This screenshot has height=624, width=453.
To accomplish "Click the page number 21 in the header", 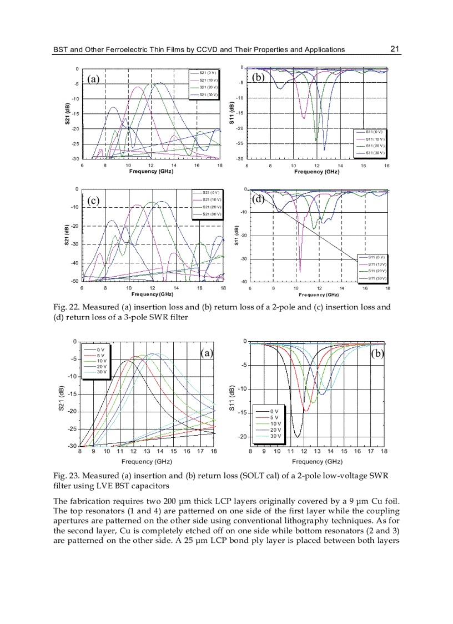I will [x=395, y=49].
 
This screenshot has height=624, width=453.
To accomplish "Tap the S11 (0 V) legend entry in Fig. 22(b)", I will [x=375, y=132].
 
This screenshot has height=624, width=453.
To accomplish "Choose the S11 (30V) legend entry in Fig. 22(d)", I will [x=377, y=278].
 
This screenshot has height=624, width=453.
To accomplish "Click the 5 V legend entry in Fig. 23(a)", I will [x=100, y=355].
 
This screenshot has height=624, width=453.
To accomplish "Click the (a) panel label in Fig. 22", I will [x=93, y=79].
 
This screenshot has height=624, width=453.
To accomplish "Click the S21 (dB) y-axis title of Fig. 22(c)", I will [x=67, y=235].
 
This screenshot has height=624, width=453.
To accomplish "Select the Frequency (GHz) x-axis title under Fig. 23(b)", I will [x=317, y=462].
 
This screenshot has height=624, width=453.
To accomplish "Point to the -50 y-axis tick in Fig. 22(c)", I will [x=74, y=281].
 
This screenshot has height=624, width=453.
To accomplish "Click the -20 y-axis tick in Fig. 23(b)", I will [x=240, y=437].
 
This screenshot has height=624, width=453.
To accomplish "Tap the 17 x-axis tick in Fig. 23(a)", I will [x=200, y=451].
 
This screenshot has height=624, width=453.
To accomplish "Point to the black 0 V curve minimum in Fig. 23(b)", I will [x=297, y=437].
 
